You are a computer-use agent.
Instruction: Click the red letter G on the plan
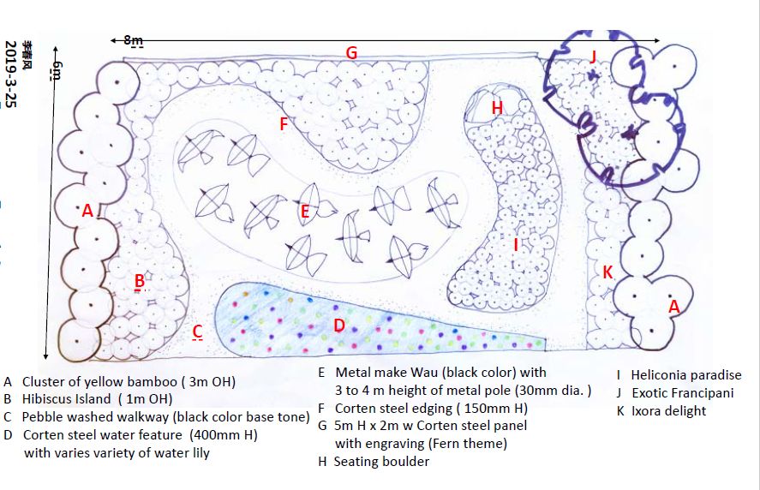coord(351,53)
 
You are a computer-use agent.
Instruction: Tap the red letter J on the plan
coord(592,57)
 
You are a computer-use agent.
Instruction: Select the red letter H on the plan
coord(497,108)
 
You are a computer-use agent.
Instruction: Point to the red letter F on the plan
coord(284,123)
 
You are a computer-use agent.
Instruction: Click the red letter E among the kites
coord(304,211)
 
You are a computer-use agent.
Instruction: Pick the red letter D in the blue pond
coord(338,326)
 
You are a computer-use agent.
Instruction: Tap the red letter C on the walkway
coord(197,331)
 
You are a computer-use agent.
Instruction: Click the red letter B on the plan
coord(139,280)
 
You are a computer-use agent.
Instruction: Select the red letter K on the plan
coord(607,272)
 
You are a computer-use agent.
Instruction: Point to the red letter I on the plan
coord(516,245)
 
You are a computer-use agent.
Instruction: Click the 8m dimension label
coord(133,40)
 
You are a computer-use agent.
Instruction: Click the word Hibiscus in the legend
coord(50,398)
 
